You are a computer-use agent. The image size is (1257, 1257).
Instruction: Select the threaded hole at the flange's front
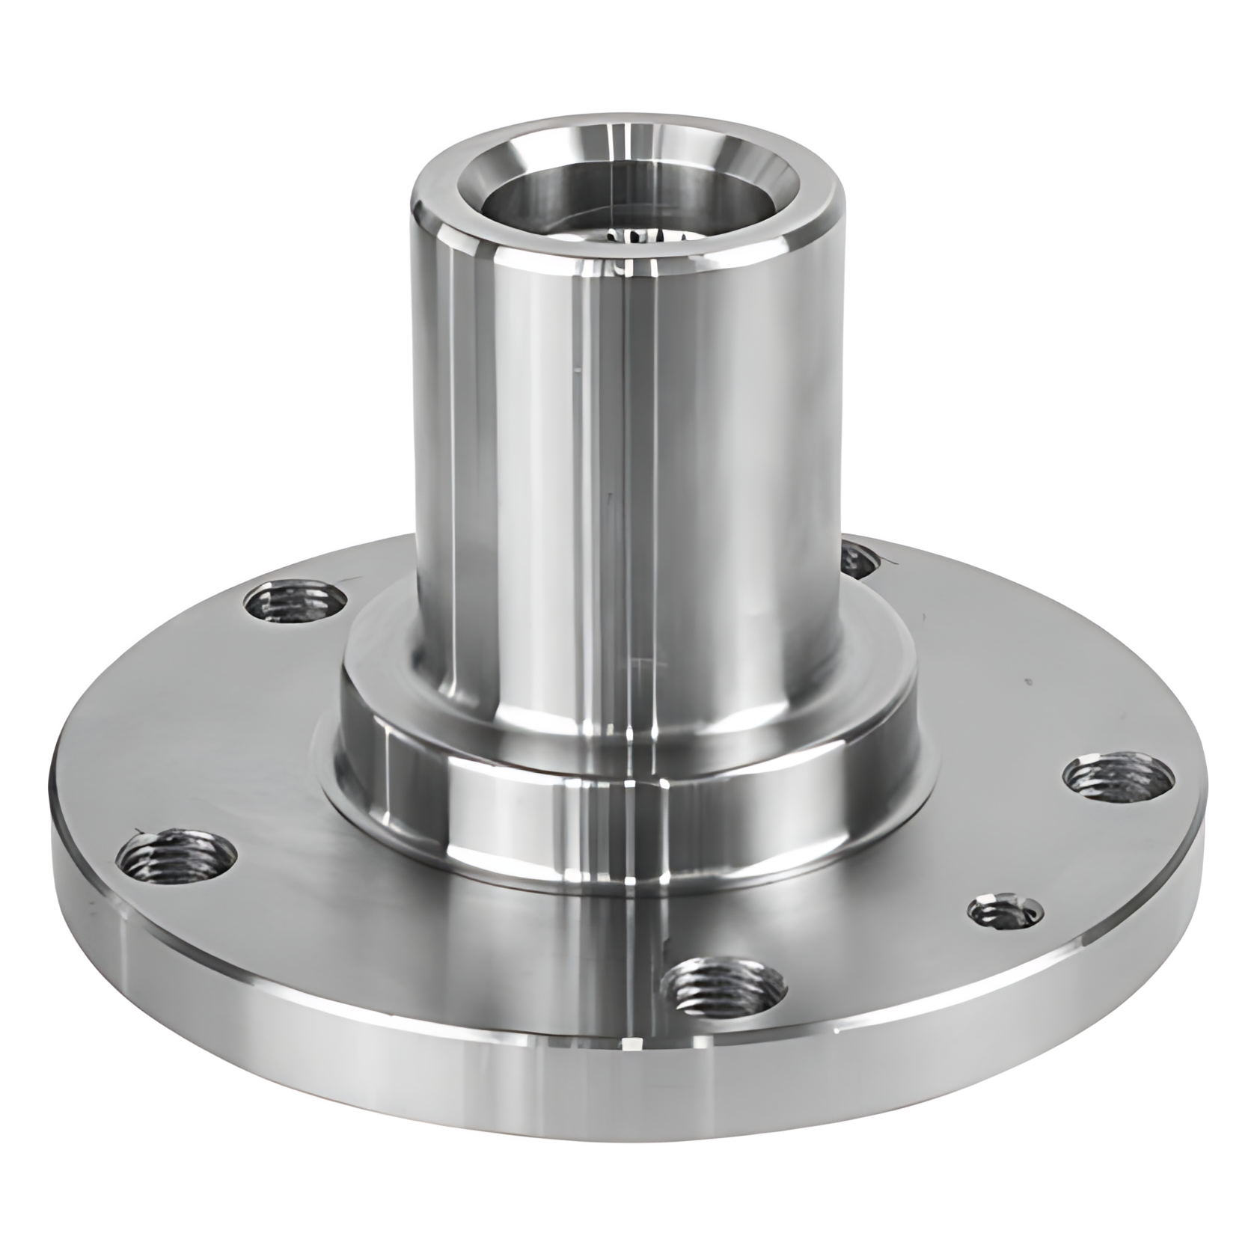pyautogui.click(x=725, y=984)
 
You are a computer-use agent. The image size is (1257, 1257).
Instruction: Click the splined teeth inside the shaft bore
pyautogui.click(x=643, y=238)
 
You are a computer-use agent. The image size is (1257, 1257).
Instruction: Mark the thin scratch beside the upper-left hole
pyautogui.click(x=352, y=579)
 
